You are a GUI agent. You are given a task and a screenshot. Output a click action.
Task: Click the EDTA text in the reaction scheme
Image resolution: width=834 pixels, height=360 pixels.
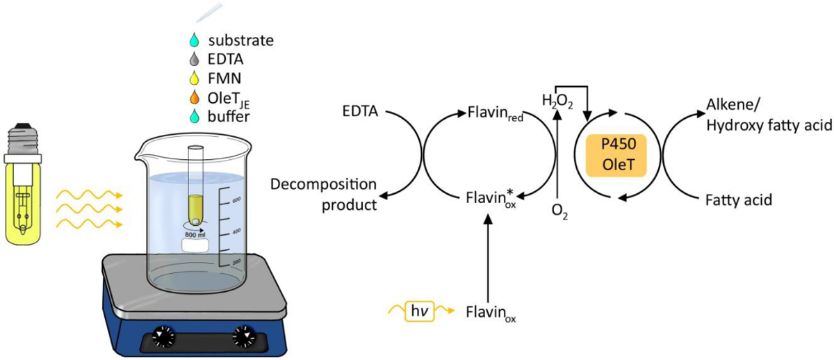point(359,111)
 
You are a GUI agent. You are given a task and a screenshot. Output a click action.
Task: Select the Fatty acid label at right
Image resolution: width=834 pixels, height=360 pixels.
point(737,199)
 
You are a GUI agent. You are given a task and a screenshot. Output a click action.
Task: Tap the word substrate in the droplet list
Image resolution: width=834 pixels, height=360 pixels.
point(241,40)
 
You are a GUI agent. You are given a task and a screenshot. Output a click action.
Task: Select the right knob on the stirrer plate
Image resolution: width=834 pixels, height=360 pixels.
point(244,337)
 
